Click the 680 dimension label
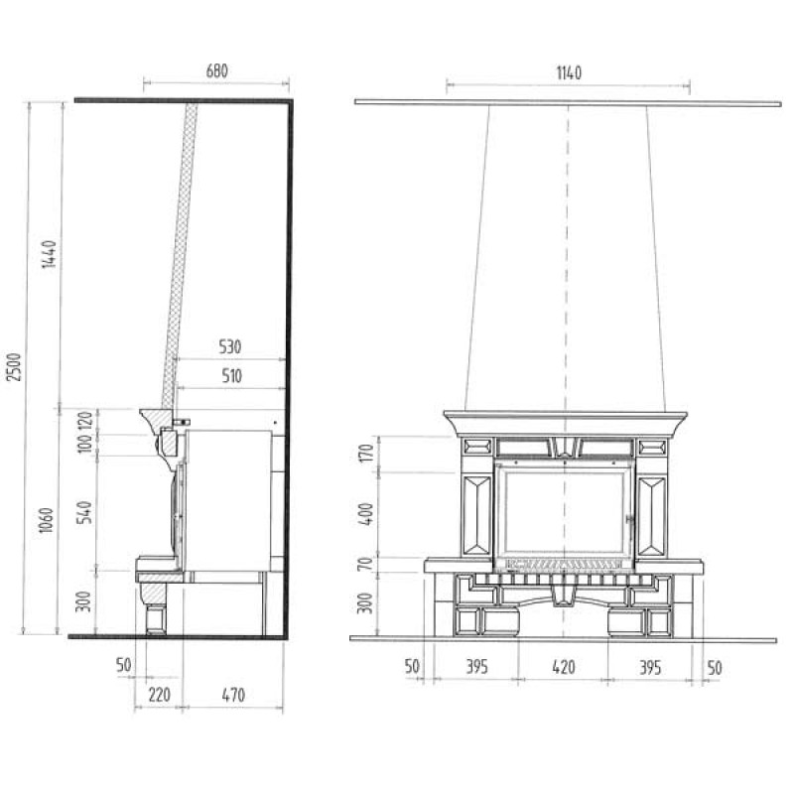point(216,70)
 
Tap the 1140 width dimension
point(569,72)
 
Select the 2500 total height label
point(15,366)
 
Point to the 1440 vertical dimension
point(49,254)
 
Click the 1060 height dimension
point(46,520)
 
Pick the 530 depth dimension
point(230,346)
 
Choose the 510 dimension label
point(231,376)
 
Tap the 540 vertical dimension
point(84,512)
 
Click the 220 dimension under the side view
point(159,694)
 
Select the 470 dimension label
point(233,694)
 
